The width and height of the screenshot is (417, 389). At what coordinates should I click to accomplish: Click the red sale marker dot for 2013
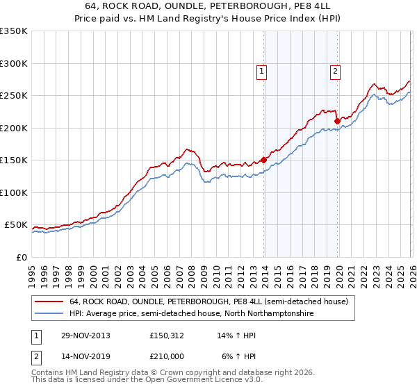click(x=264, y=160)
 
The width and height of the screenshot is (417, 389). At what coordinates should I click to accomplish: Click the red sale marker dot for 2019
click(x=337, y=121)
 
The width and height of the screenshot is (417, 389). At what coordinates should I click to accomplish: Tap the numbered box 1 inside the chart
click(x=261, y=70)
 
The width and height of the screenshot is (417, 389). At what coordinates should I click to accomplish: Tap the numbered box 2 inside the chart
click(x=335, y=70)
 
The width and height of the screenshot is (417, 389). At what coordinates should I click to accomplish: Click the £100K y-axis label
click(x=14, y=192)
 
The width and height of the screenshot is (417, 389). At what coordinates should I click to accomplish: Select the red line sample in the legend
click(x=50, y=301)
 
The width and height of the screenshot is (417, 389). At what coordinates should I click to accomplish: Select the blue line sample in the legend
click(x=50, y=314)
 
